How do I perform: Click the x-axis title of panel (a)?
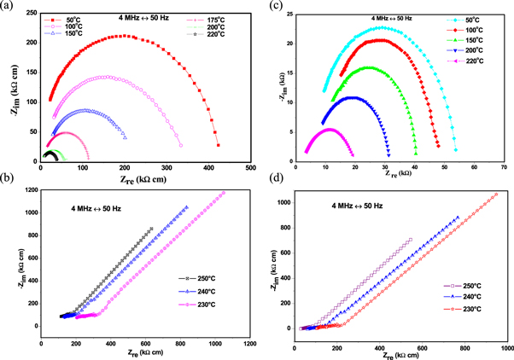[x=144, y=179]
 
